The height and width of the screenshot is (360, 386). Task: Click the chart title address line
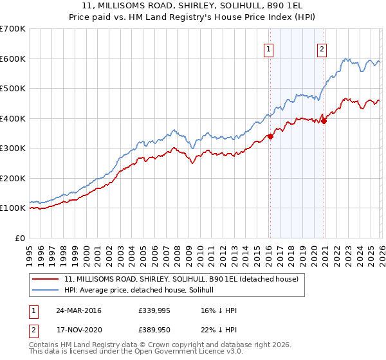point(193,6)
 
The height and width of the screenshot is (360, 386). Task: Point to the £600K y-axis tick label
point(13,59)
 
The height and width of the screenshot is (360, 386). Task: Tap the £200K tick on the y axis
point(13,178)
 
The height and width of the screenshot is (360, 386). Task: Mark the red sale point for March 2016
point(271,136)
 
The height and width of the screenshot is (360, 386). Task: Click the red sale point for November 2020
point(324,121)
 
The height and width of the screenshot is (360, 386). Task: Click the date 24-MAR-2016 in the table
point(83,310)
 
